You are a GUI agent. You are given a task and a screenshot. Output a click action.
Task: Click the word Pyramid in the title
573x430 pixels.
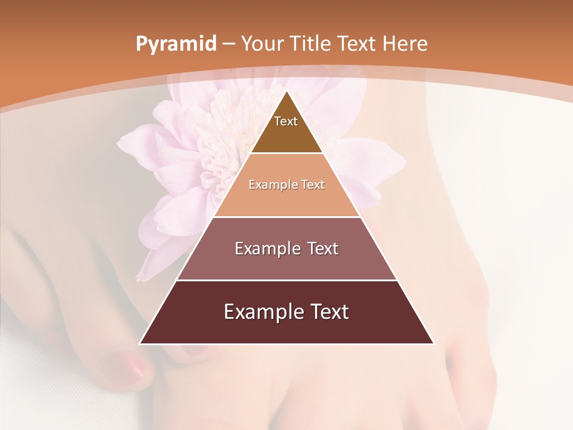(175, 44)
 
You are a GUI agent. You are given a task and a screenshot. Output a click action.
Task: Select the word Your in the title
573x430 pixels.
(262, 44)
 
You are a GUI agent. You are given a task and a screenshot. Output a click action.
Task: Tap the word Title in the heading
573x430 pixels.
(311, 44)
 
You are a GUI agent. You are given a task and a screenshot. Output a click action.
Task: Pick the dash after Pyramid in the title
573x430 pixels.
(229, 44)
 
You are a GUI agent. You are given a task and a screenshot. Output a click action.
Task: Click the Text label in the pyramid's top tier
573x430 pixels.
(286, 121)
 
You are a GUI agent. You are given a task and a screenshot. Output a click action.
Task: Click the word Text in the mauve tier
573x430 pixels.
(322, 248)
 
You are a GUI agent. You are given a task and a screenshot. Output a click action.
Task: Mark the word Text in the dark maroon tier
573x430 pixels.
(329, 312)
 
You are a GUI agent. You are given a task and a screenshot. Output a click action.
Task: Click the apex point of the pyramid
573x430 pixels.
(286, 91)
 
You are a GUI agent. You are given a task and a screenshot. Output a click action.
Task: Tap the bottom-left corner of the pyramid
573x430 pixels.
(140, 343)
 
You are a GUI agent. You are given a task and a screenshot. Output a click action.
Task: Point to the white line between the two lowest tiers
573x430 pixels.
(286, 280)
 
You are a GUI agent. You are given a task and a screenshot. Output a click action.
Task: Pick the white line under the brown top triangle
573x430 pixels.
(286, 153)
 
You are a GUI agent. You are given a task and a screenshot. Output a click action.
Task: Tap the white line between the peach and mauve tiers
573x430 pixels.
(286, 217)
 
